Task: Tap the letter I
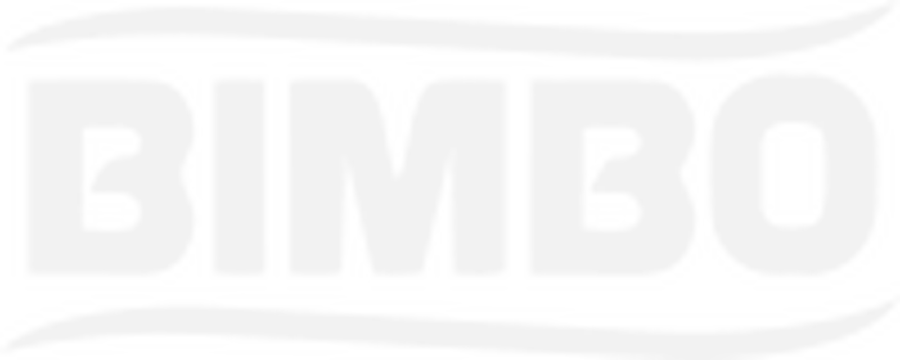coord(239,178)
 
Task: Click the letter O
coord(735,177)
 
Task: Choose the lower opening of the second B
coord(611,211)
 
